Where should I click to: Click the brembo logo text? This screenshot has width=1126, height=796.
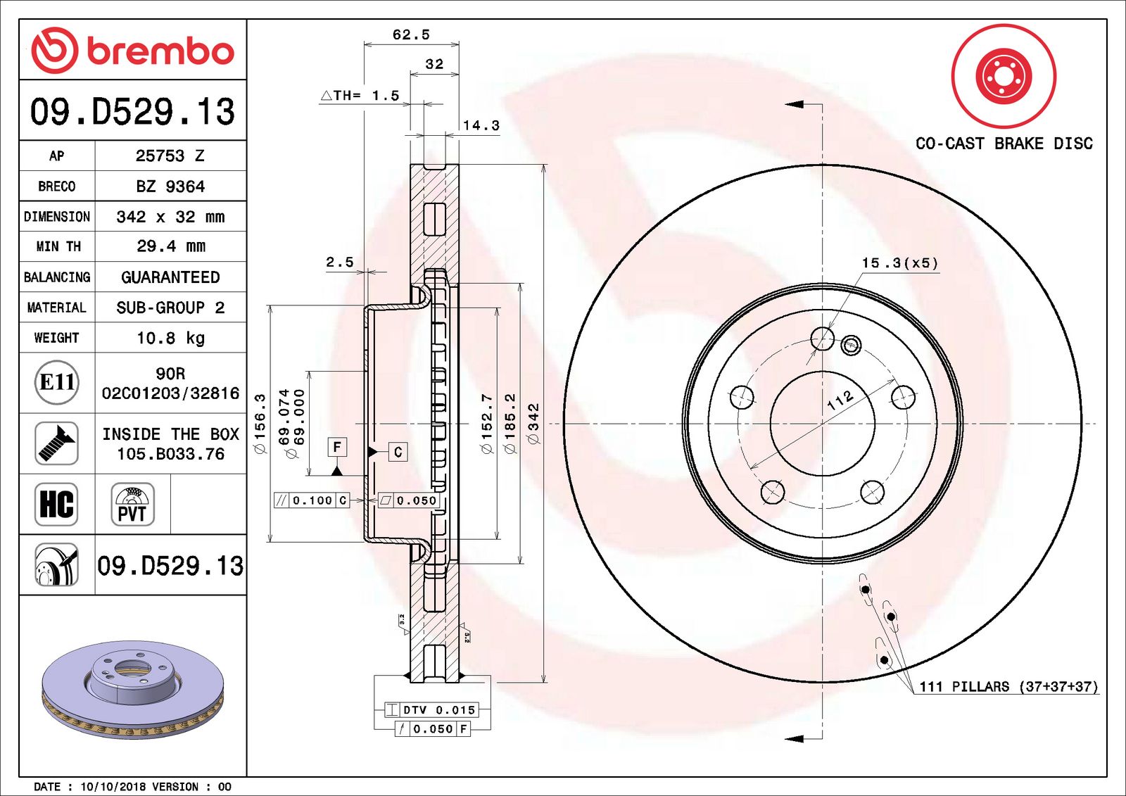[x=160, y=51]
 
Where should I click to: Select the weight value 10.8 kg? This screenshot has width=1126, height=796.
[x=170, y=339]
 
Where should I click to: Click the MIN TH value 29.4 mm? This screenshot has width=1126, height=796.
[x=170, y=246]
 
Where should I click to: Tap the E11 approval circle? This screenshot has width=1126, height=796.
[x=56, y=382]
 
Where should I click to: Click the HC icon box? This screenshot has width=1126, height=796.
[x=56, y=504]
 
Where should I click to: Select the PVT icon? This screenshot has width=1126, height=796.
[x=132, y=505]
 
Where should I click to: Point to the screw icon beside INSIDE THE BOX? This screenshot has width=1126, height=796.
[x=56, y=443]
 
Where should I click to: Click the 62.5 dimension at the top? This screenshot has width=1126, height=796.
[x=411, y=34]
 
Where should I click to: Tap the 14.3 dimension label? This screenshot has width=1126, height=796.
[x=481, y=126]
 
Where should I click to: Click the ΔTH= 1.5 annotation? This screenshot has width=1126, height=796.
[x=360, y=96]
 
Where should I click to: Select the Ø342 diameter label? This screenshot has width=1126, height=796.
[x=533, y=423]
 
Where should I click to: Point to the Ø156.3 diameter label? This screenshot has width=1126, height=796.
[x=260, y=423]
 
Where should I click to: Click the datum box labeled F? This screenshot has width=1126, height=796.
[x=337, y=447]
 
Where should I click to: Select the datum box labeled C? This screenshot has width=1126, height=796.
[x=398, y=452]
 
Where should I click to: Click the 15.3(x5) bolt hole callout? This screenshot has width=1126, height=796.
[x=899, y=263]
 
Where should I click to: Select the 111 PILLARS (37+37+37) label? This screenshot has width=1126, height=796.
[x=1008, y=686]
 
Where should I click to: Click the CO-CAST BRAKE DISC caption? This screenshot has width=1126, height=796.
[x=1004, y=144]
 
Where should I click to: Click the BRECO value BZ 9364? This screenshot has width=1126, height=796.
[x=170, y=187]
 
